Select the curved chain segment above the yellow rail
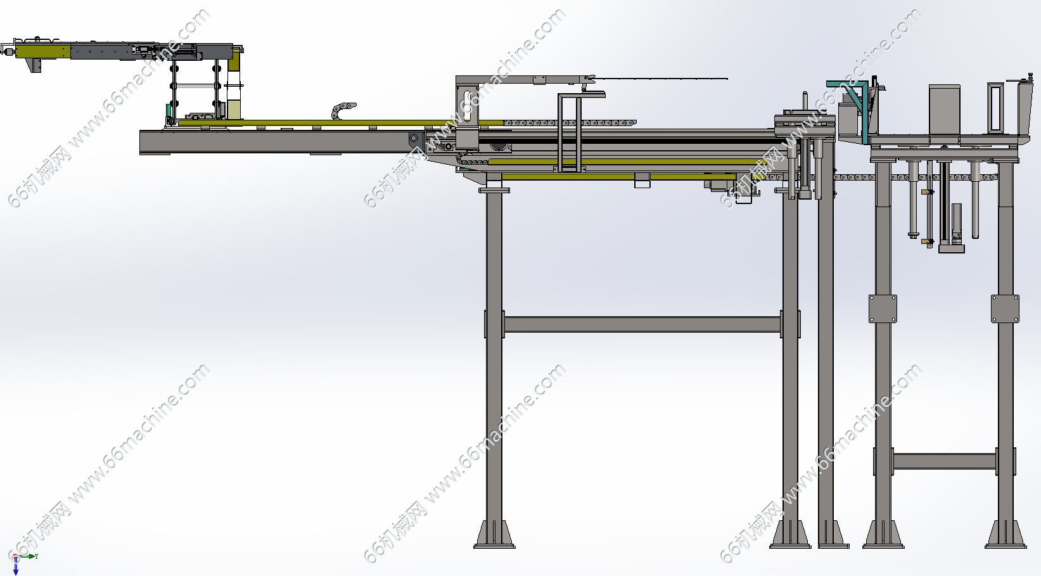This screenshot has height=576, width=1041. tap(343, 110)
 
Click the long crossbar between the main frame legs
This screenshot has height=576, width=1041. tap(642, 324)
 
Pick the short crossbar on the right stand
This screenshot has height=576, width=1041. tap(944, 461)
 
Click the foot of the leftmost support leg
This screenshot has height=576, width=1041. tap(494, 535)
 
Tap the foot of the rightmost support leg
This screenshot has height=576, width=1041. tap(1006, 535)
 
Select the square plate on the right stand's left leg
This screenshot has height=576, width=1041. tap(883, 309)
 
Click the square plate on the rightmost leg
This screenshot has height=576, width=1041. tap(1006, 309)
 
